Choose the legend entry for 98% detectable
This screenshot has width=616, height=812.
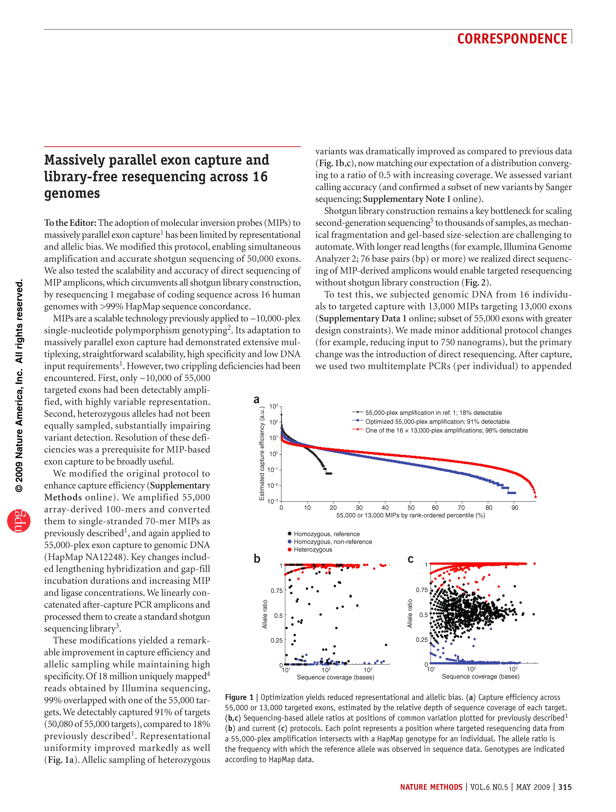[x=446, y=431]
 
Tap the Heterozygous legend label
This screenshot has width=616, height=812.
[x=313, y=550]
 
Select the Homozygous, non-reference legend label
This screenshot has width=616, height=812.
[x=333, y=542]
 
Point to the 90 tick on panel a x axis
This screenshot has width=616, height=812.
[x=515, y=508]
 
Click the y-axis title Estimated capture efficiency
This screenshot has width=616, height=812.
[x=262, y=453]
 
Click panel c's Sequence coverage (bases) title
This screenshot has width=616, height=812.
[x=481, y=676]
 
